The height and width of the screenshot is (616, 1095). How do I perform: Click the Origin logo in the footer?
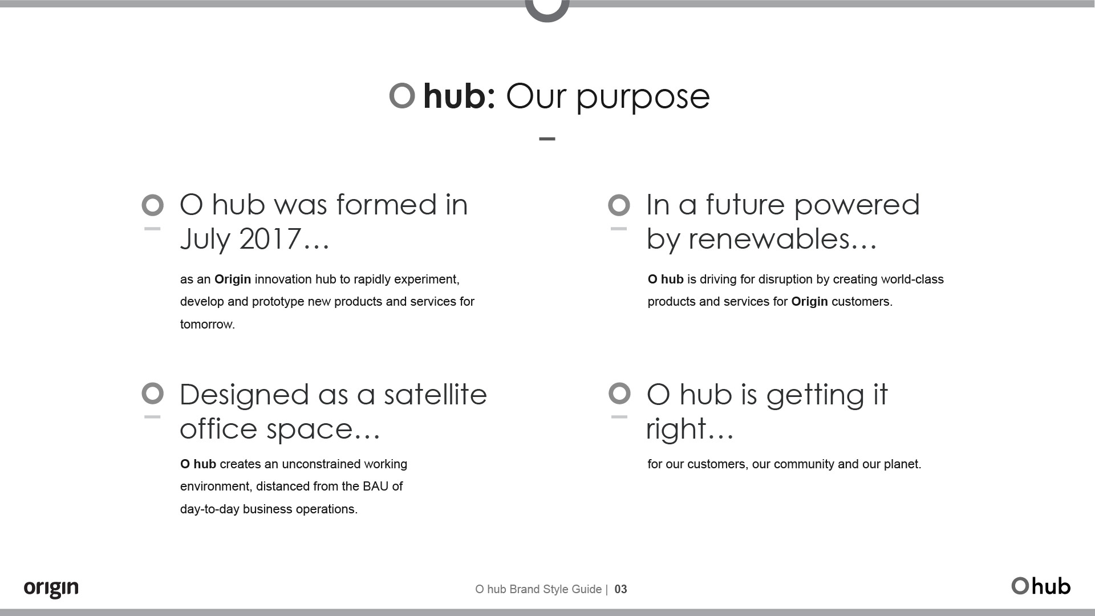point(51,588)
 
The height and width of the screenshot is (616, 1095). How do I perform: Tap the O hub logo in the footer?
point(1041,586)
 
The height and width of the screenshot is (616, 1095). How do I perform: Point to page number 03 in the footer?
point(620,589)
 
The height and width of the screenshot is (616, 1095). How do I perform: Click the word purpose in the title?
point(643,97)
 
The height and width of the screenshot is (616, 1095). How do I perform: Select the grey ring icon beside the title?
point(402,95)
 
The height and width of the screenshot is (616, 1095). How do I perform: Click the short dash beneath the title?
point(547,139)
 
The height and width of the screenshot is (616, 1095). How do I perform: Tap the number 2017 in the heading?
point(270,239)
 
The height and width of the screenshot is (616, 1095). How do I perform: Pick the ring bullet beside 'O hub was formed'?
point(152,205)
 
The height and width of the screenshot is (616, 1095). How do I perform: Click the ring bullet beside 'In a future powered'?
point(619,205)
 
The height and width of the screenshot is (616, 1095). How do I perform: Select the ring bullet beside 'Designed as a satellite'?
point(152,394)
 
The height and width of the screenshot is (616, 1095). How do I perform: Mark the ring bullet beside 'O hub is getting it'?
point(619,394)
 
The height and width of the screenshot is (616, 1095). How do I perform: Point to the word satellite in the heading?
point(435,395)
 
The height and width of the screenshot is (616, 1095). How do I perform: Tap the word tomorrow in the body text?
point(206,325)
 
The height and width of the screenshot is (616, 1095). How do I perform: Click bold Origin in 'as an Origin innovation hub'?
point(233,279)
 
